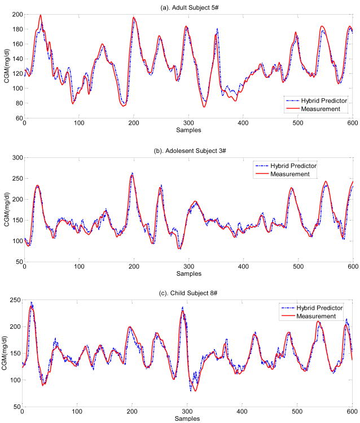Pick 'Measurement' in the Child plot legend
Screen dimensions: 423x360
312,316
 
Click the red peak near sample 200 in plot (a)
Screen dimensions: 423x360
134,17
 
